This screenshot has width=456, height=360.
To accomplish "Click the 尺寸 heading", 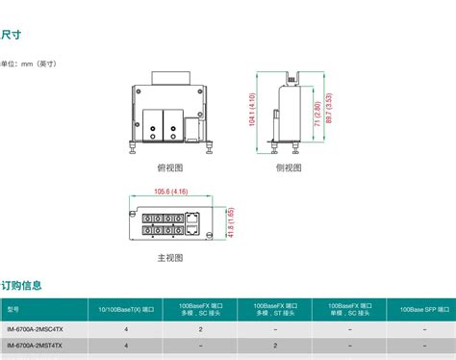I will pyautogui.click(x=12, y=36).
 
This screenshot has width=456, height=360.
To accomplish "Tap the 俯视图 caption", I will pyautogui.click(x=169, y=167).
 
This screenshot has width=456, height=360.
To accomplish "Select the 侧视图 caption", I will pyautogui.click(x=290, y=167).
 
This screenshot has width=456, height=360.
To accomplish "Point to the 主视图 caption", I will pyautogui.click(x=169, y=259).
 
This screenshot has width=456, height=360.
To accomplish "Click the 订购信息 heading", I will pyautogui.click(x=21, y=285).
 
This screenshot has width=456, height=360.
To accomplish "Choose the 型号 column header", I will pyautogui.click(x=13, y=310).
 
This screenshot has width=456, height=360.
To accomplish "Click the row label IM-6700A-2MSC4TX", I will pyautogui.click(x=35, y=329).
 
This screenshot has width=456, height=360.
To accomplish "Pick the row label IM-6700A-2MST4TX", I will pyautogui.click(x=35, y=346).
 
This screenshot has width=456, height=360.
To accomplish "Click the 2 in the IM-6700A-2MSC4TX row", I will pyautogui.click(x=200, y=329).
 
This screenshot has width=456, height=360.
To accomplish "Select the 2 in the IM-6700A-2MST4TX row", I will pyautogui.click(x=275, y=346).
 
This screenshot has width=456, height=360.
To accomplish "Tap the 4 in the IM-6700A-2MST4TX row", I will pyautogui.click(x=126, y=346).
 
